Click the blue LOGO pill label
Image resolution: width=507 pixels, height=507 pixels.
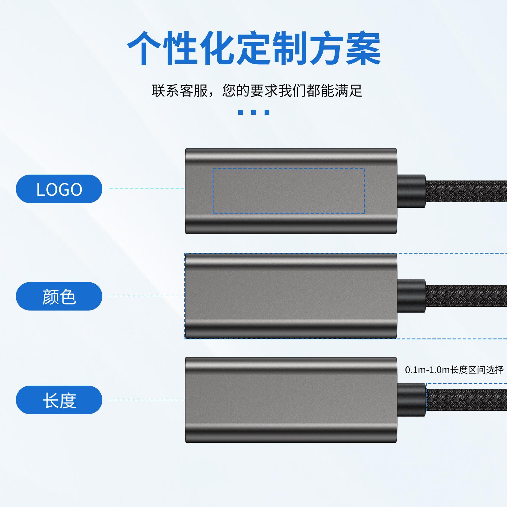click(59, 189)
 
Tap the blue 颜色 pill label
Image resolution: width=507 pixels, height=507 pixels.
click(59, 296)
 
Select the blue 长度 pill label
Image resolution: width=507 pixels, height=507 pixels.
click(59, 400)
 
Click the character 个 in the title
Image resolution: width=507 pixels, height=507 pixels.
click(144, 48)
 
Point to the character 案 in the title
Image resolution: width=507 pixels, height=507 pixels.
click(363, 48)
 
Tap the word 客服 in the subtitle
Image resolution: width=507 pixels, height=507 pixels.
click(194, 91)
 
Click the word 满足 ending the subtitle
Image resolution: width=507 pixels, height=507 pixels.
click(348, 91)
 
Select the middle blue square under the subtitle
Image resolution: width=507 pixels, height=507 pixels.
click(253, 112)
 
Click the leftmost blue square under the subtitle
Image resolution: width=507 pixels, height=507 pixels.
click(241, 112)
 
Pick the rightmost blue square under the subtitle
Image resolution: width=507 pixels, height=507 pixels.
click(267, 112)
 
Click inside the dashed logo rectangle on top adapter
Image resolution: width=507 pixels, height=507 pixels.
click(289, 191)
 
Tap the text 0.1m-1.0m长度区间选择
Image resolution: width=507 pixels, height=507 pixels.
click(454, 370)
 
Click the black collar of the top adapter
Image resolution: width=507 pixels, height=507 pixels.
click(411, 191)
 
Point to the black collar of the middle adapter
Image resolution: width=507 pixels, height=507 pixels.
click(411, 296)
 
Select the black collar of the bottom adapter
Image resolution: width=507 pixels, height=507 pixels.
click(411, 400)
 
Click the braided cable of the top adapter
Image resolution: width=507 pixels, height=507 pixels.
click(466, 191)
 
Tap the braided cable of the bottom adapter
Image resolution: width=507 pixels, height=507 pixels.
click(466, 400)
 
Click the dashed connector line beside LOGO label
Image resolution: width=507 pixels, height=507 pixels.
click(147, 189)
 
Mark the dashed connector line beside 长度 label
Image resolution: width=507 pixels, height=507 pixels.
click(147, 400)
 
